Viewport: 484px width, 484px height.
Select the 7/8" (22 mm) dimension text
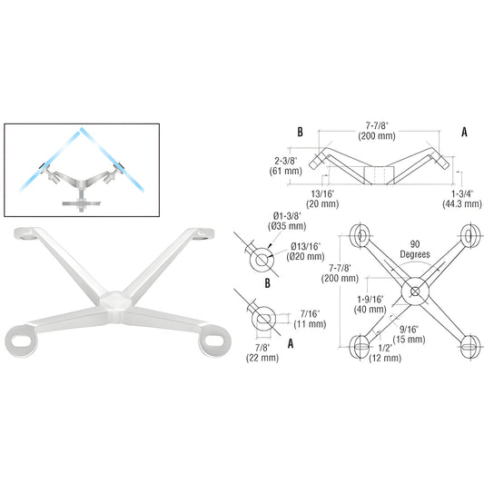click(262, 353)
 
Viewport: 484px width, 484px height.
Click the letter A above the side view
click(463, 132)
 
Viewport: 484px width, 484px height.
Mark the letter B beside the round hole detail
click(266, 282)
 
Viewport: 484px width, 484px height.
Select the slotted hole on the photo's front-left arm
click(23, 344)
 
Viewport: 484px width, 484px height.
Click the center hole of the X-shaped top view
click(415, 292)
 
